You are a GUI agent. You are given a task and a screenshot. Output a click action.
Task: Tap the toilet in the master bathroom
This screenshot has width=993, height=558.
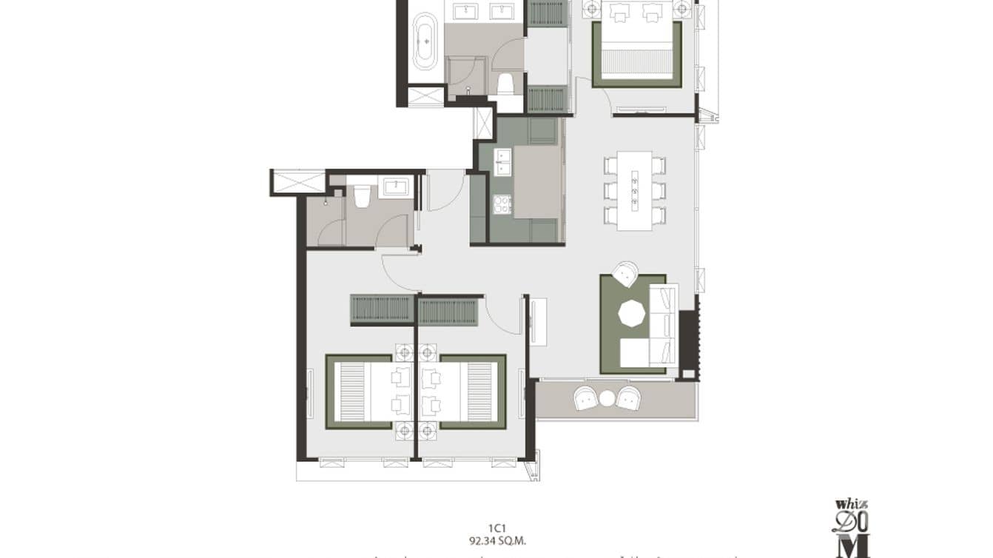click(x=506, y=83)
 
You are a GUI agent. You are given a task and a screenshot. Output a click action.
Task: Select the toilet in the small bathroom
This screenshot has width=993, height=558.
click(x=362, y=197)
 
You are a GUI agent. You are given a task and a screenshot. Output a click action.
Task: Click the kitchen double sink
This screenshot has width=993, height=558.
click(x=503, y=161)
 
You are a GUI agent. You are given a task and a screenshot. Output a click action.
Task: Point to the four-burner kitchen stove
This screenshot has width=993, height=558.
click(x=502, y=204)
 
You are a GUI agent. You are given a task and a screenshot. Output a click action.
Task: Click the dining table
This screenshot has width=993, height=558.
click(x=635, y=190)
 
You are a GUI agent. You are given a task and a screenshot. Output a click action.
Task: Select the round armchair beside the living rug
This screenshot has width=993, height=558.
click(x=626, y=274)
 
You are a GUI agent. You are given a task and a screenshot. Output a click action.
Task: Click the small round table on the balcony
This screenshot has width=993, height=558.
click(x=607, y=398)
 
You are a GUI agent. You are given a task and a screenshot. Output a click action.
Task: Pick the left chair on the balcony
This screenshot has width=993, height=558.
click(x=588, y=398)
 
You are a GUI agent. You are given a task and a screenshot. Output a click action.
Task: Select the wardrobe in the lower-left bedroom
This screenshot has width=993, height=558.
click(x=382, y=309)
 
